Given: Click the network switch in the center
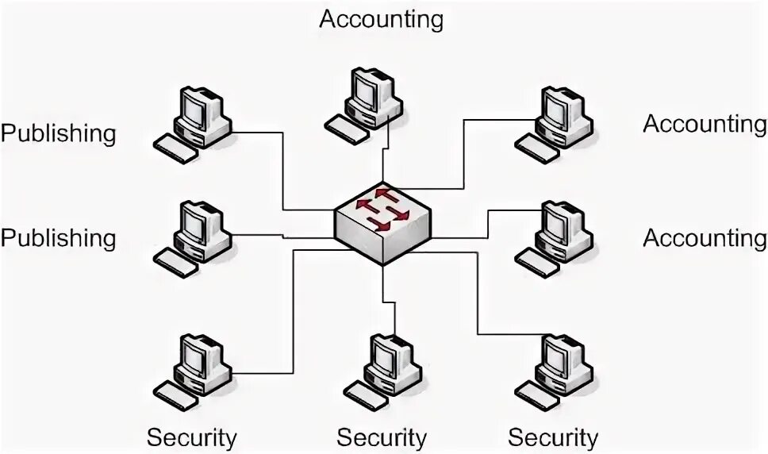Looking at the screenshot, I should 383,224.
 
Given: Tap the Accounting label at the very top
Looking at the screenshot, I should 381,18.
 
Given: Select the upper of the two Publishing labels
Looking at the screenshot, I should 58,133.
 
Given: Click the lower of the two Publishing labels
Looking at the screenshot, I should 58,237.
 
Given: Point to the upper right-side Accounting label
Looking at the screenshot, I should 705,124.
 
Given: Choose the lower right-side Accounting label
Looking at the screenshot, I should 705,237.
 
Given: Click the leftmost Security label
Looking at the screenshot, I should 191,437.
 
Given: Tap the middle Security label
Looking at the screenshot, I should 382,437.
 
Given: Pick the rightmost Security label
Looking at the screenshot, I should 553,437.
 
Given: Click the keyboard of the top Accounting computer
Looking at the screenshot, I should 347,126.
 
